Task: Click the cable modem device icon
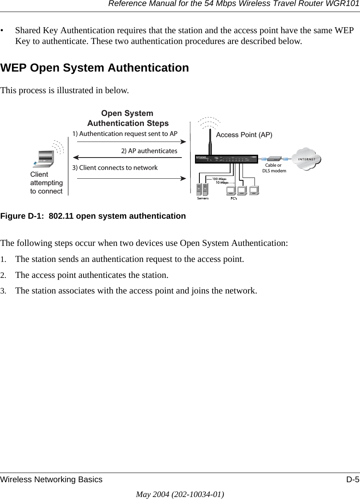pyautogui.click(x=274, y=159)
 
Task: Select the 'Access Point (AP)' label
pyautogui.click(x=244, y=135)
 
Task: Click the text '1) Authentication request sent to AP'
pyautogui.click(x=125, y=134)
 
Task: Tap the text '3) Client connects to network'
pyautogui.click(x=115, y=168)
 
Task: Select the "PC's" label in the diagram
pyautogui.click(x=233, y=199)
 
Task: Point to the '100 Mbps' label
pyautogui.click(x=219, y=179)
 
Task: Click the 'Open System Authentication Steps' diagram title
pyautogui.click(x=128, y=118)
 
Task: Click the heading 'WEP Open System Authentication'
pyautogui.click(x=95, y=68)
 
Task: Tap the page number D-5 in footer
pyautogui.click(x=352, y=480)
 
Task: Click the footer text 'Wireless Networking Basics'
pyautogui.click(x=52, y=480)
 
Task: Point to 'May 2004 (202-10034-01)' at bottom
pyautogui.click(x=180, y=494)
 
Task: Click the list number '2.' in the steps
pyautogui.click(x=3, y=275)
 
